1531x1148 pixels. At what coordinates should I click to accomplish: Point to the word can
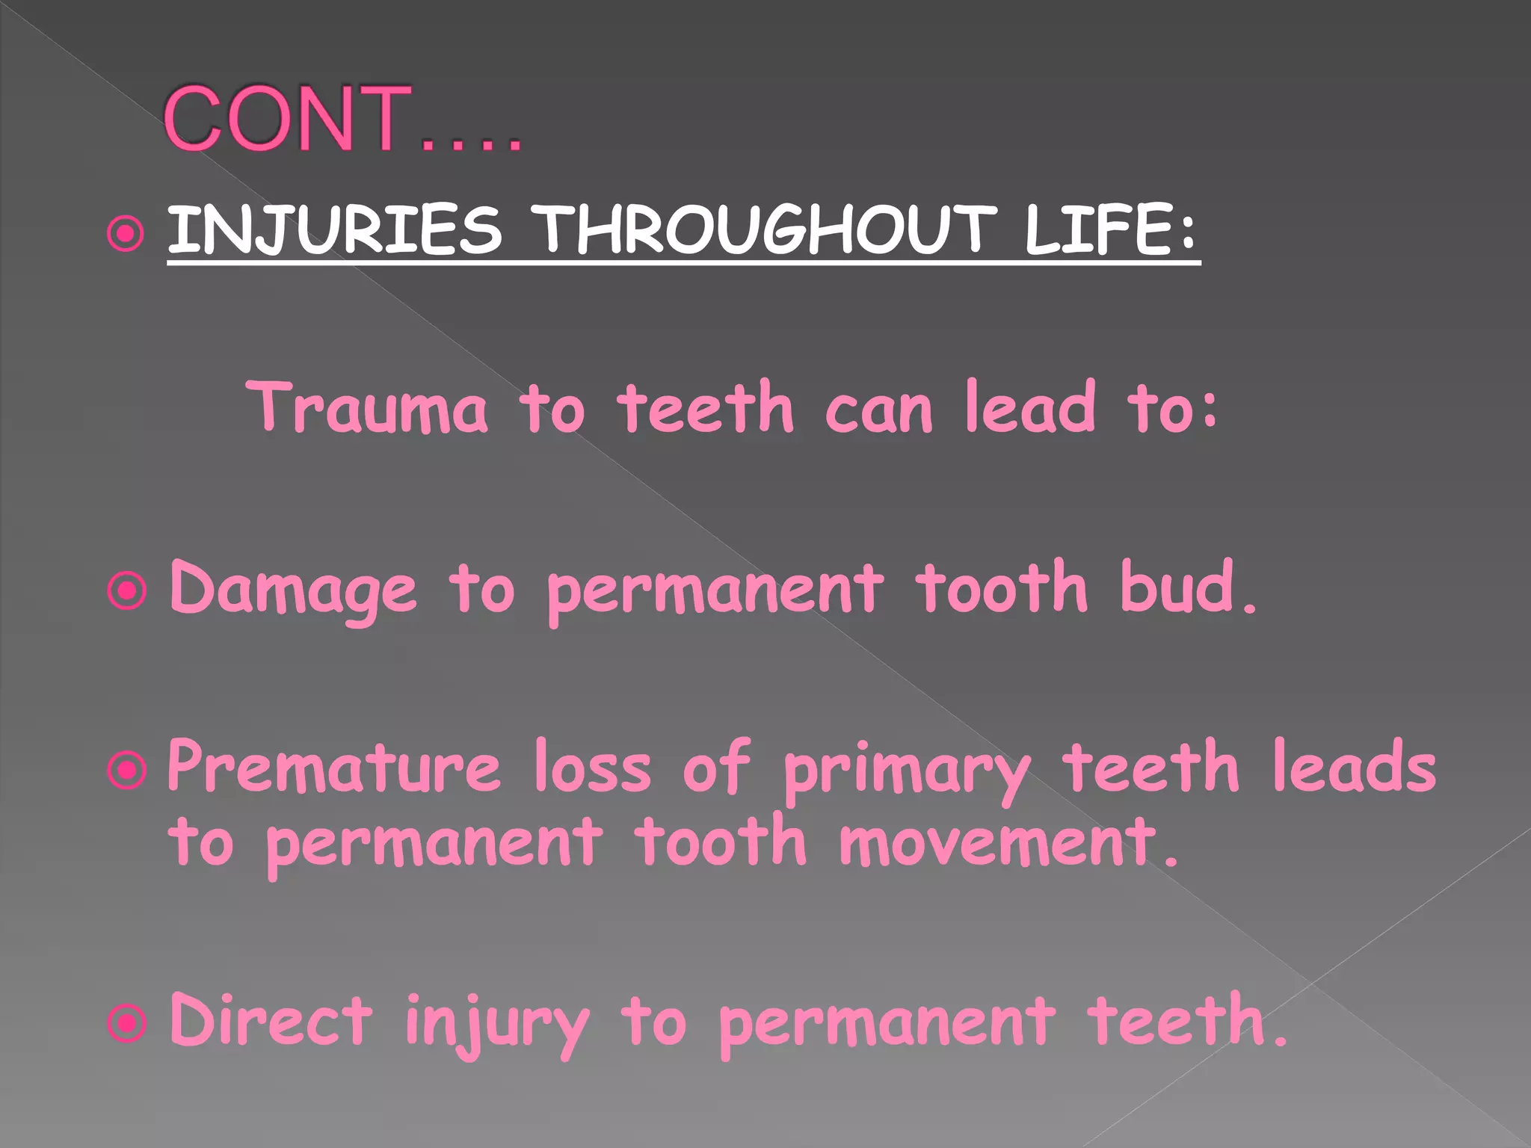[x=879, y=409]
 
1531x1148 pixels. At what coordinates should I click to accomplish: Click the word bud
[x=1187, y=588]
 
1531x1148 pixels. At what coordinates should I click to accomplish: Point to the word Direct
[x=271, y=1020]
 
